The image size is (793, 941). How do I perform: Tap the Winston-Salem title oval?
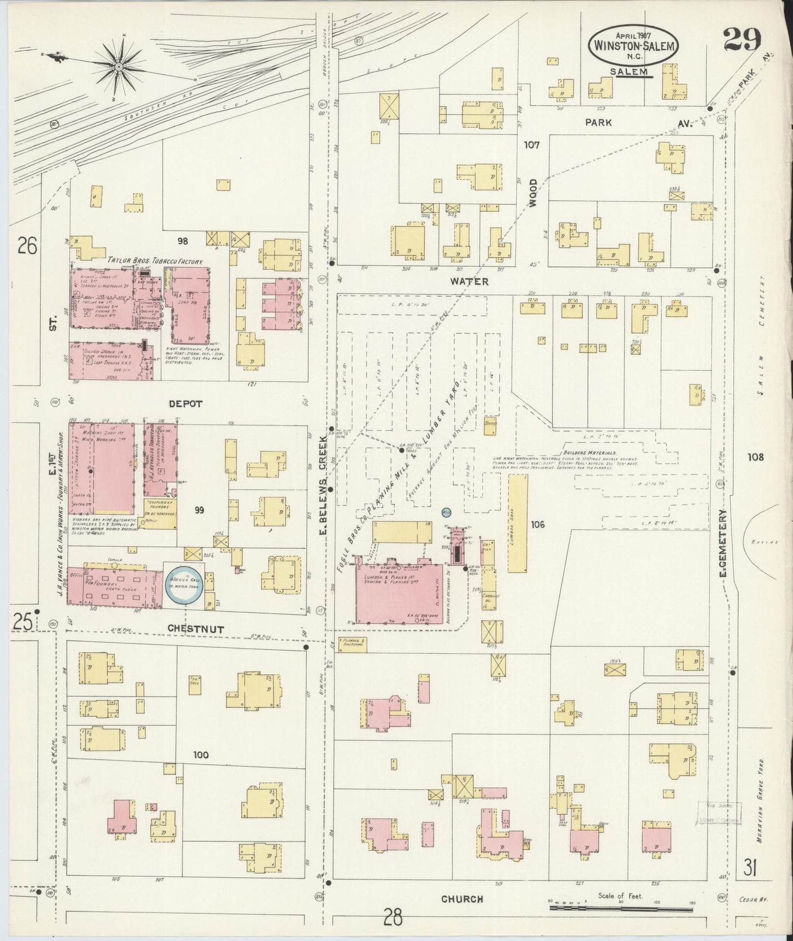point(632,47)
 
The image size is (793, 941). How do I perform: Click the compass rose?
point(118,67)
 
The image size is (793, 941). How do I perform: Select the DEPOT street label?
point(185,404)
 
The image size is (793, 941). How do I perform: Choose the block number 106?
point(537,525)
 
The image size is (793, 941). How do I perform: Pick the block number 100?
point(200,755)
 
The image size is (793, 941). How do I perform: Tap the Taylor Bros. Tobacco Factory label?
point(155,262)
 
